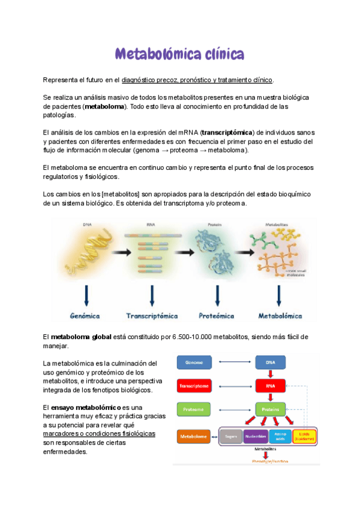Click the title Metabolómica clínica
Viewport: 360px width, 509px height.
pos(180,55)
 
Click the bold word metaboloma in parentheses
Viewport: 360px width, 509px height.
pos(105,106)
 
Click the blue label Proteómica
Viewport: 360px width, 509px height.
pos(216,315)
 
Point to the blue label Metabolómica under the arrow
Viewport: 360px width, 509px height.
pos(279,315)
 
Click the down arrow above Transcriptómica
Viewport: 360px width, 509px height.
pos(152,294)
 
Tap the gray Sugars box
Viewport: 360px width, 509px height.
pos(230,436)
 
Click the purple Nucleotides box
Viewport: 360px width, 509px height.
pos(256,436)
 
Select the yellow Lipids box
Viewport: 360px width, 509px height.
pos(304,436)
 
